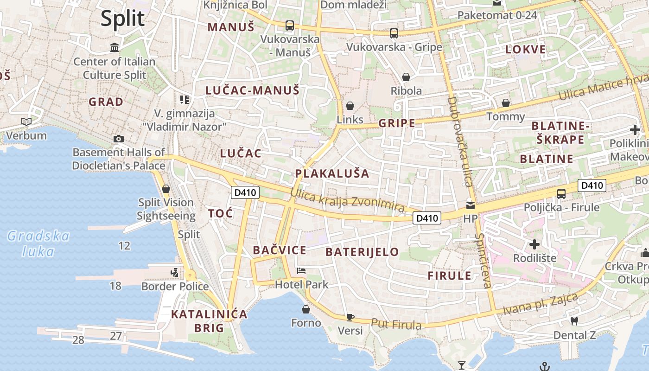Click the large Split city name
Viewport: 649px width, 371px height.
(x=123, y=19)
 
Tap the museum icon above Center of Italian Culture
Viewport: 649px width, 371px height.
(x=115, y=47)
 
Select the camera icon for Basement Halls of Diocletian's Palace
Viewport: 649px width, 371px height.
(x=118, y=139)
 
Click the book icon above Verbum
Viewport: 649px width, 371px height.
(x=26, y=122)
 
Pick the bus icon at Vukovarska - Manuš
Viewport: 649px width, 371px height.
(x=290, y=26)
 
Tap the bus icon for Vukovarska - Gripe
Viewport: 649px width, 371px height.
(x=394, y=33)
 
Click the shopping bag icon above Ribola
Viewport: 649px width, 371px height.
(x=406, y=77)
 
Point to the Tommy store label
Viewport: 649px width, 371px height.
(x=505, y=116)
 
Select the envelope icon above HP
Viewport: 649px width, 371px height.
(x=471, y=205)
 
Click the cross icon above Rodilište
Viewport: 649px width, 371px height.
(x=534, y=244)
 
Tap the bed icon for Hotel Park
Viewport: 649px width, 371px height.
(x=301, y=271)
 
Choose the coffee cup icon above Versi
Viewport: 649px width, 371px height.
(x=350, y=317)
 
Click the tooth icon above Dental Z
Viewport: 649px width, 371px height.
(x=574, y=321)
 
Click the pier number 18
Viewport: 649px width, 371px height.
(x=115, y=286)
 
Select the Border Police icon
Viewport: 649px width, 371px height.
(x=174, y=273)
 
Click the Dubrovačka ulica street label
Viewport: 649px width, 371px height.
(x=460, y=141)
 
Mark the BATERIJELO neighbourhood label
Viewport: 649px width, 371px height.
(x=362, y=252)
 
